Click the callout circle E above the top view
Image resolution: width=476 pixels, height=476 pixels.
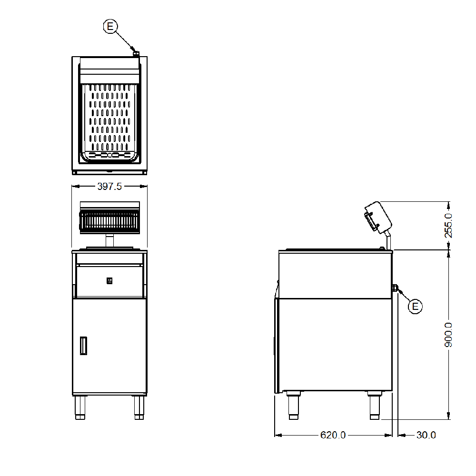(x=110, y=27)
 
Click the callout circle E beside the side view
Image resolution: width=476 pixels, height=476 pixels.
(x=415, y=307)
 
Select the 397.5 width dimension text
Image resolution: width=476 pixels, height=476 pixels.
(x=109, y=187)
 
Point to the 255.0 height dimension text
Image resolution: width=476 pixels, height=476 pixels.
(x=448, y=225)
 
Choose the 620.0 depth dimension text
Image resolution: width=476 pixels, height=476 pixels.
(x=333, y=435)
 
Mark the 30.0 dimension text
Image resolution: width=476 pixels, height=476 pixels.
(x=426, y=435)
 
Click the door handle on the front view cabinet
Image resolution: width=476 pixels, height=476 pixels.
(x=84, y=346)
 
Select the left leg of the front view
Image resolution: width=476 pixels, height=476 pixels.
(x=80, y=407)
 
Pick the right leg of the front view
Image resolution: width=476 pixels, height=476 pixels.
(x=139, y=407)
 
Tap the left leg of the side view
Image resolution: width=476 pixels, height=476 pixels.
(x=293, y=406)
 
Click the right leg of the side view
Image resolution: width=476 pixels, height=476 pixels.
(x=375, y=406)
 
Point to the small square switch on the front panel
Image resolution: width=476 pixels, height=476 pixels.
(x=109, y=281)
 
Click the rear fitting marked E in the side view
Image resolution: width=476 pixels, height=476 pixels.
(x=395, y=288)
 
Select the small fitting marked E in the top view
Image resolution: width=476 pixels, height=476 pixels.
(x=136, y=54)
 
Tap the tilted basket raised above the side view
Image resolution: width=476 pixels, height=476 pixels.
(x=377, y=217)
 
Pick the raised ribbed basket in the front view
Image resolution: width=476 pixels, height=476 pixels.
(x=109, y=221)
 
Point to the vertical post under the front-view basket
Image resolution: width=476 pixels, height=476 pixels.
(x=109, y=241)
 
